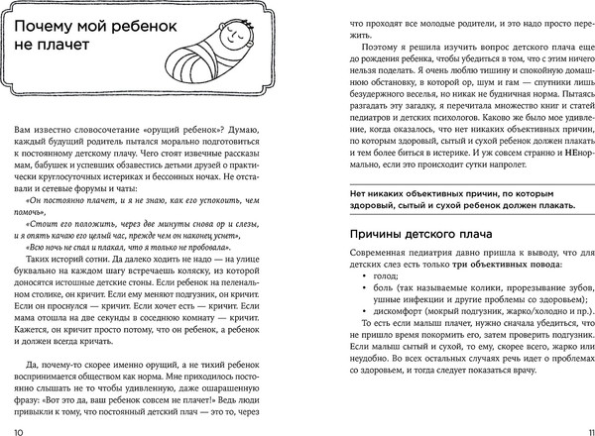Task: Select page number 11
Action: click(585, 424)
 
